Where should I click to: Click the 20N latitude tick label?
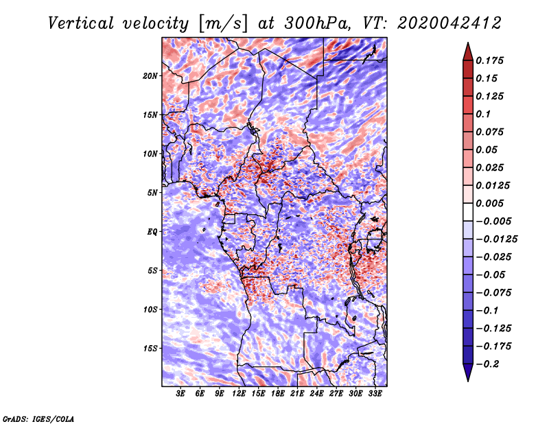pos(150,75)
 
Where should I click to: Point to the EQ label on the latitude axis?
pos(152,232)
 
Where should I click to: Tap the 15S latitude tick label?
pos(150,349)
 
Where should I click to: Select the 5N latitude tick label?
pos(152,193)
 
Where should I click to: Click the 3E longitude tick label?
pos(181,394)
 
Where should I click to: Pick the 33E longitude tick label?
pos(375,394)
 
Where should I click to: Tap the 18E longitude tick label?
pos(278,394)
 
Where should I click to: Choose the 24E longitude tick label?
pos(316,394)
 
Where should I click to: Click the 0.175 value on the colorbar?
pos(491,60)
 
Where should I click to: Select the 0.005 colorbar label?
pos(491,203)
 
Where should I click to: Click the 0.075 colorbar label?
pos(491,132)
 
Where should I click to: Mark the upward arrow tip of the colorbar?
pos(467,45)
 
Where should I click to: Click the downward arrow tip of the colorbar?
pos(467,379)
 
